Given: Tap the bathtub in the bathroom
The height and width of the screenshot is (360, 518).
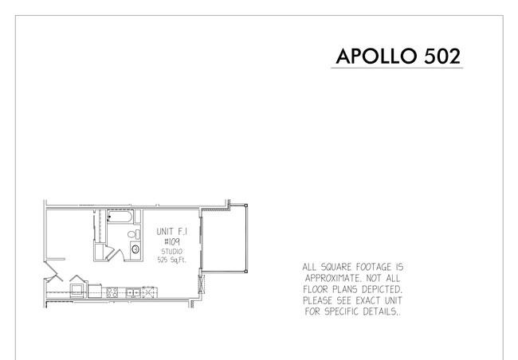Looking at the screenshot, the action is coord(120,217).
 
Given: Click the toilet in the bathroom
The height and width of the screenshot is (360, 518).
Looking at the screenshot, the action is coord(134,234).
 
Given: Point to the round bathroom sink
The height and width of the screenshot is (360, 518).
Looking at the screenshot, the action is coord(135,249).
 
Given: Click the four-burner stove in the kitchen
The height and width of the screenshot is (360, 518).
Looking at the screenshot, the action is coord(112,292).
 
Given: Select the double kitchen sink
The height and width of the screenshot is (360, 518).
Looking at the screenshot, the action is coord(133,292).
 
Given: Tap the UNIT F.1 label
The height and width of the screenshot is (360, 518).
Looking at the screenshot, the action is coord(172,232).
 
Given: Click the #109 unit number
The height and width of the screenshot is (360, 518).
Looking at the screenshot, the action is coord(172,242).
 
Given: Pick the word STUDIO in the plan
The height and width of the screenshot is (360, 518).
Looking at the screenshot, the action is coord(172,252).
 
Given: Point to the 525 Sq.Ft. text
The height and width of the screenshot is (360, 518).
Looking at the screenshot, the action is coord(172,260).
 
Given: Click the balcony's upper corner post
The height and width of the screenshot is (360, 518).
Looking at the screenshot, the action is coord(245,205).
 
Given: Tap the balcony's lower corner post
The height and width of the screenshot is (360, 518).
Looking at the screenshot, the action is coord(245,272).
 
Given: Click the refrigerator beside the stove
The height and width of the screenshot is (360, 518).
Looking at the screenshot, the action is coord(95,291).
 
